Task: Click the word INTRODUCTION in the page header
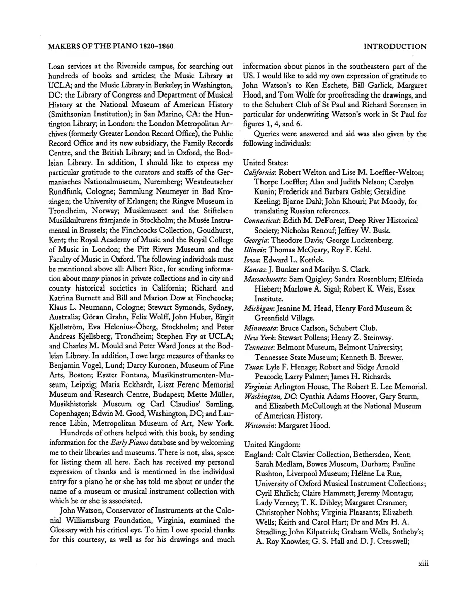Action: pyautogui.click(x=396, y=47)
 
